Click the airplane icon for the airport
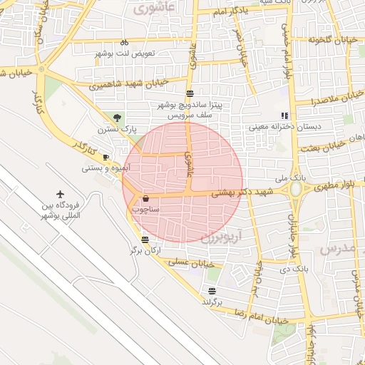coord(60,194)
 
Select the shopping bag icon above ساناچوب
coord(146,198)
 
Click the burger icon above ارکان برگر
coord(145,240)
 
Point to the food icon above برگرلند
coord(212,290)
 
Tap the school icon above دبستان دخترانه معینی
coord(284,115)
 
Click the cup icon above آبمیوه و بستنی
coord(106,156)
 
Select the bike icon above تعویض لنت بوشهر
coord(124,42)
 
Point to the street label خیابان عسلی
coord(192,264)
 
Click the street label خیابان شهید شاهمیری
coord(129,83)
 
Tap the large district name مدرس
coord(336,249)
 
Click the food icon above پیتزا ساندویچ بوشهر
coord(190,93)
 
